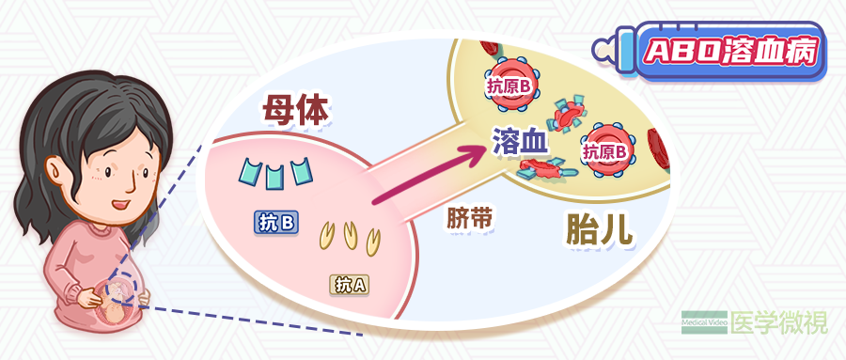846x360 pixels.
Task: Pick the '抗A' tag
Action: [x=350, y=283]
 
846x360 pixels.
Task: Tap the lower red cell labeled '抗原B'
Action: [x=607, y=150]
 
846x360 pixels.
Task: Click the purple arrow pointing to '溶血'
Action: [x=432, y=174]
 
